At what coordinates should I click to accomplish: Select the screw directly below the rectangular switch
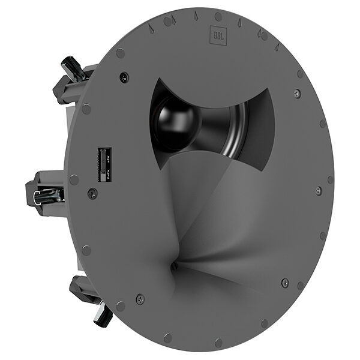(92, 193)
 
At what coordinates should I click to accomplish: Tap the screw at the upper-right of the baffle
(296, 94)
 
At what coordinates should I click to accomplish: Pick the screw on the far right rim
(318, 191)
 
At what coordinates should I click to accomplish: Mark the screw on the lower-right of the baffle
(284, 282)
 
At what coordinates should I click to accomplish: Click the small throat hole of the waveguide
(173, 265)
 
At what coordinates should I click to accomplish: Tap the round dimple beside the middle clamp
(73, 179)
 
